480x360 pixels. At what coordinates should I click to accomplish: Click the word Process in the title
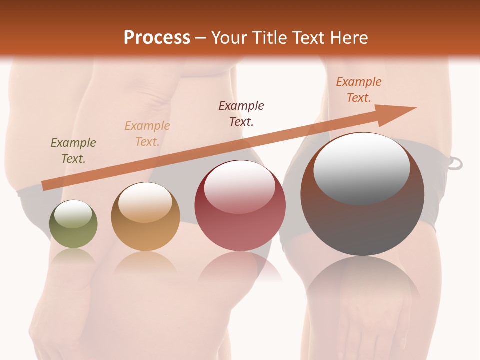(x=157, y=38)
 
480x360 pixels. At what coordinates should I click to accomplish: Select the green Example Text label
(x=73, y=151)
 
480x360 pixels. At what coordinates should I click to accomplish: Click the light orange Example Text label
(x=147, y=133)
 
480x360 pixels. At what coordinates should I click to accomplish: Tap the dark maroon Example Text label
(x=241, y=113)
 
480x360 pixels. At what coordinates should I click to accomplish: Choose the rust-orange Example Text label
(x=358, y=90)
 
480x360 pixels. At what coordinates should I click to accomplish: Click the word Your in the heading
(x=229, y=38)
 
